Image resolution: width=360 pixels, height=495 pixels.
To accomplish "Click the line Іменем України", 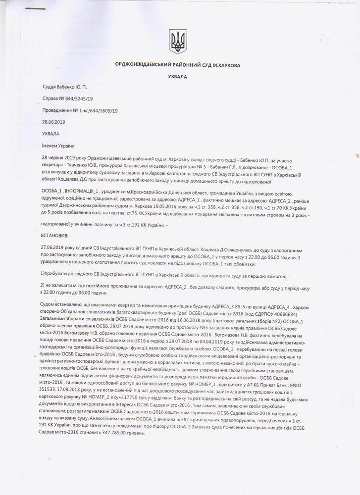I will pyautogui.click(x=58, y=146).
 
